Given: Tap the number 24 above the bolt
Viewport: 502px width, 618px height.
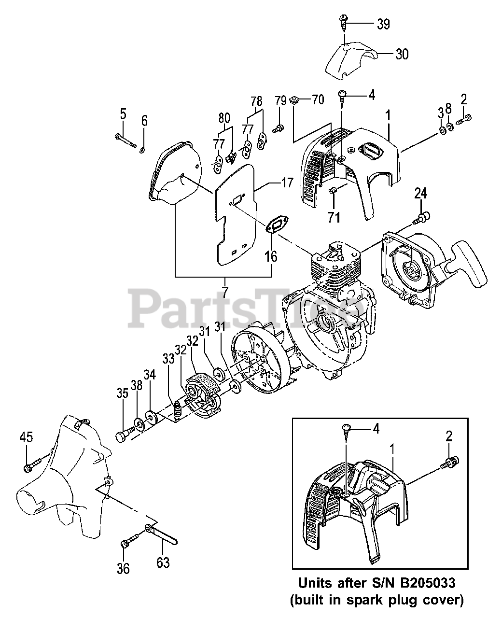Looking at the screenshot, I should [x=420, y=194].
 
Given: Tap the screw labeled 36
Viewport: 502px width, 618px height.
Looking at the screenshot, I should [x=125, y=544].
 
